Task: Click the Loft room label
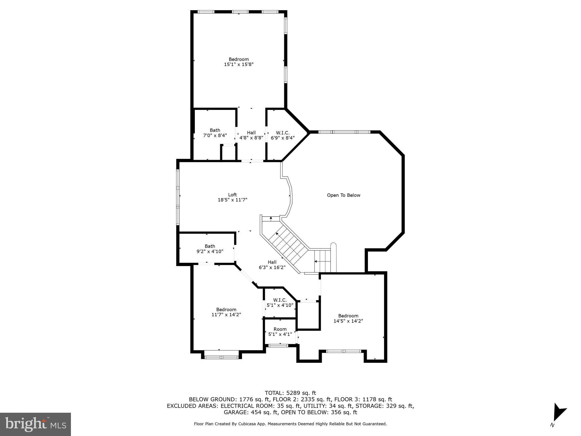[x=232, y=195]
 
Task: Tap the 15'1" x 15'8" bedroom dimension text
[x=239, y=64]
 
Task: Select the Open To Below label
[x=344, y=195]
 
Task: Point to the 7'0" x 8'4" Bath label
[x=215, y=133]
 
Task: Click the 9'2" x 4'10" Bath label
[x=210, y=249]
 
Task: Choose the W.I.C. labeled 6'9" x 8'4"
[x=283, y=135]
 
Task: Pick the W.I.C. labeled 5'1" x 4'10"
[x=280, y=303]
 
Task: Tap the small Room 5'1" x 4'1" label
[x=280, y=332]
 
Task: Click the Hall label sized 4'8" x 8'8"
[x=251, y=135]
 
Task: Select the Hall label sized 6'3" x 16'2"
[x=272, y=265]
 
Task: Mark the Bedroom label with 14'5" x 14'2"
[x=348, y=318]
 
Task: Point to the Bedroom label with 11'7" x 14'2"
[x=226, y=312]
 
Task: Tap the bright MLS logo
[x=35, y=424]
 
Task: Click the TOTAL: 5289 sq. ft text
[x=290, y=393]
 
